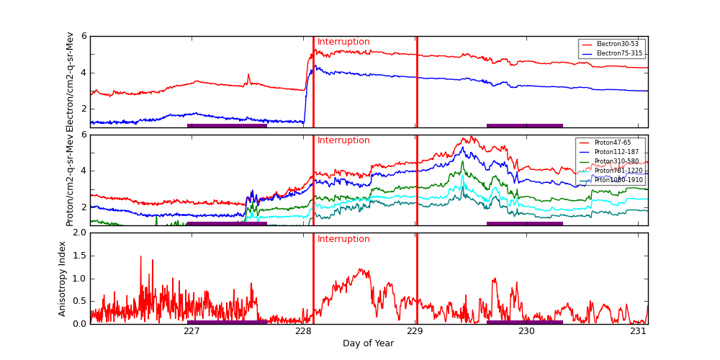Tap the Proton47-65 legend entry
pos(612,143)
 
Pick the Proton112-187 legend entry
pos(616,152)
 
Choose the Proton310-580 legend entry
pos(616,161)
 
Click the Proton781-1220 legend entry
pos(618,171)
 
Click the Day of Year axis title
pos(368,343)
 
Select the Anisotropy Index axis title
pos(63,279)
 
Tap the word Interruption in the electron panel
pos(343,42)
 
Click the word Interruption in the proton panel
pos(343,140)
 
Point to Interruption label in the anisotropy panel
pos(343,239)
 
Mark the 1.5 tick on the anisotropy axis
pos(80,256)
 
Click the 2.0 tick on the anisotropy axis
pos(80,233)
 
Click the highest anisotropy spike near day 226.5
pos(140,256)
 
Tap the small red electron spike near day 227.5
pos(248,74)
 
